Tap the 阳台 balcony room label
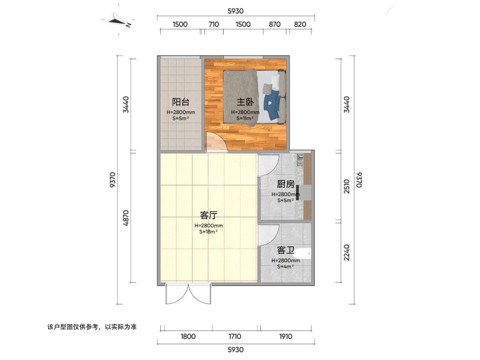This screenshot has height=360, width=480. [x=181, y=102]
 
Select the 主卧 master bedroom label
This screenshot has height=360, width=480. [x=245, y=102]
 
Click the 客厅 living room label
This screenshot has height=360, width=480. [x=209, y=215]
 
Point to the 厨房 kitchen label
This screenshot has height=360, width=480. [x=286, y=184]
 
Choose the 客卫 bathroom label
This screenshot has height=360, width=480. [x=286, y=250]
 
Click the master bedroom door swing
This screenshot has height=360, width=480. [x=217, y=142]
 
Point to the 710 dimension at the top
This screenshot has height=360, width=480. [x=214, y=24]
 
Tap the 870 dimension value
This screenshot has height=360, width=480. [x=275, y=24]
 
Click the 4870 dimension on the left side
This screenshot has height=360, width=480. [x=126, y=218]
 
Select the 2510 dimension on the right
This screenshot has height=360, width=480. [x=347, y=186]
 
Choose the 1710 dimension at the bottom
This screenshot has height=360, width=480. [x=235, y=336]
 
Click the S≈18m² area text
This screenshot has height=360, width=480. [x=208, y=232]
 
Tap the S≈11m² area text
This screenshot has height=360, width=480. [x=245, y=118]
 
